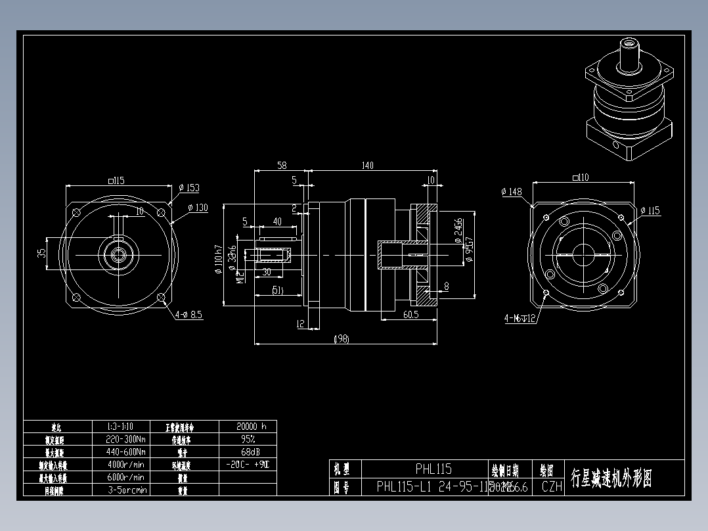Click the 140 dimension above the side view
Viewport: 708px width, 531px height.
click(367, 166)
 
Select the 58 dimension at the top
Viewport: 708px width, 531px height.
click(282, 166)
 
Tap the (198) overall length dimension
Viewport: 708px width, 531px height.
click(342, 338)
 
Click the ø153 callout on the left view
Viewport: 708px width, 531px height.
click(189, 188)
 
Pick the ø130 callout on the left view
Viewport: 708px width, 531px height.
click(197, 208)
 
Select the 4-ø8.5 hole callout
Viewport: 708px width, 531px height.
click(188, 315)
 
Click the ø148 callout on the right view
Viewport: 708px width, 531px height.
click(512, 192)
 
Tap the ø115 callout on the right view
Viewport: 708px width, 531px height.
click(650, 211)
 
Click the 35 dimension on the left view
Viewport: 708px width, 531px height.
click(41, 252)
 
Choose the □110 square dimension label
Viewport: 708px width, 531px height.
click(581, 177)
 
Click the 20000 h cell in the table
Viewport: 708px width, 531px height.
click(246, 426)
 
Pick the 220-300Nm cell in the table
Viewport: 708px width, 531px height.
click(125, 439)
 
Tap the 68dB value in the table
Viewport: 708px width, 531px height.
click(247, 451)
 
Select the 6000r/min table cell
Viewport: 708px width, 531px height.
click(125, 477)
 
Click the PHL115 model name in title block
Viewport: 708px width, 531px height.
click(433, 469)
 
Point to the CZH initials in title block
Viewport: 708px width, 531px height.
click(552, 487)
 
